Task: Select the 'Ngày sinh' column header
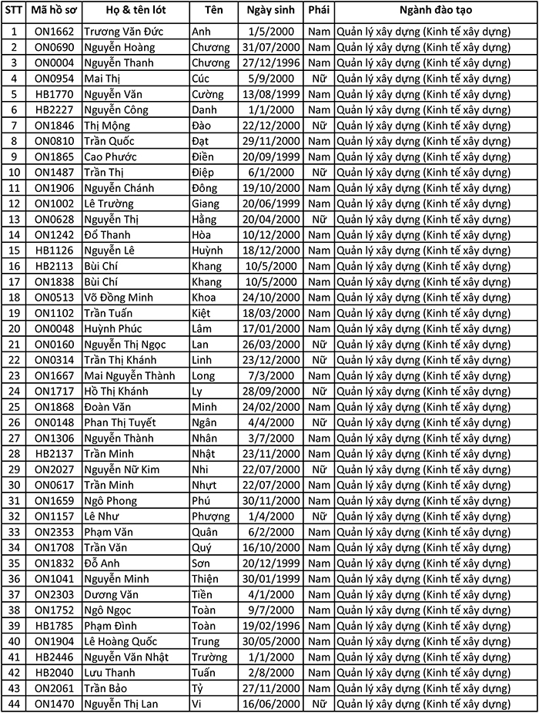pyautogui.click(x=272, y=12)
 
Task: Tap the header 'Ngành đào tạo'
pyautogui.click(x=436, y=12)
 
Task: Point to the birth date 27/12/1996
pyautogui.click(x=272, y=62)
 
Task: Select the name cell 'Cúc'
pyautogui.click(x=201, y=79)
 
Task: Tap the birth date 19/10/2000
pyautogui.click(x=272, y=188)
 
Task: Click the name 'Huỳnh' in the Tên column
pyautogui.click(x=206, y=251)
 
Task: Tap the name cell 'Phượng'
pyautogui.click(x=209, y=516)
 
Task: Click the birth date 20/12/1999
pyautogui.click(x=272, y=563)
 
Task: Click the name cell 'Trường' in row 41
pyautogui.click(x=209, y=658)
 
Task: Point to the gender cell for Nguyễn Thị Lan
pyautogui.click(x=319, y=704)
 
